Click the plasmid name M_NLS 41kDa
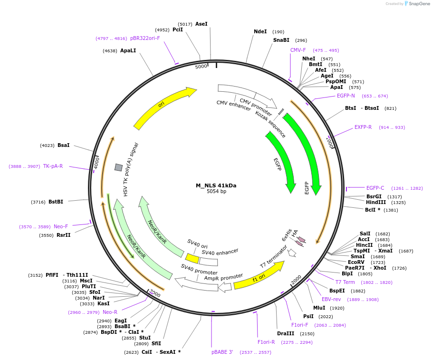(x=216, y=185)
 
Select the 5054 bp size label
(x=216, y=192)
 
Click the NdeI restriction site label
(x=260, y=31)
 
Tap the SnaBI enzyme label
(x=281, y=40)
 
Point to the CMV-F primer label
(x=298, y=50)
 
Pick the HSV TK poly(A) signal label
(x=132, y=169)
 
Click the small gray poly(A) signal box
(x=118, y=167)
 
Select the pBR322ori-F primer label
(x=145, y=38)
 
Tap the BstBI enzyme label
(x=56, y=202)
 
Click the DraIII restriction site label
(x=286, y=333)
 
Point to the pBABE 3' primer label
(x=222, y=352)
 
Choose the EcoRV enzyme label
(x=356, y=262)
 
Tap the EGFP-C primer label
(x=375, y=188)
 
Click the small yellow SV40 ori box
(x=192, y=258)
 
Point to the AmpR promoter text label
(x=223, y=277)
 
